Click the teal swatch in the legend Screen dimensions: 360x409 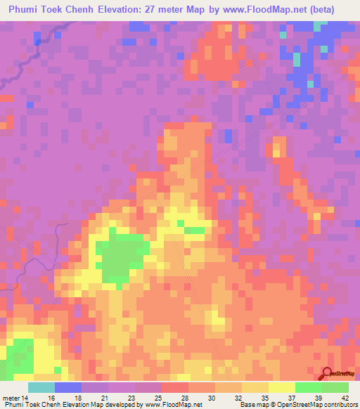(41, 387)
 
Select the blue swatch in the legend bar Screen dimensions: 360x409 (67, 387)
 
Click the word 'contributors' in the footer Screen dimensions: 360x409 (340, 404)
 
